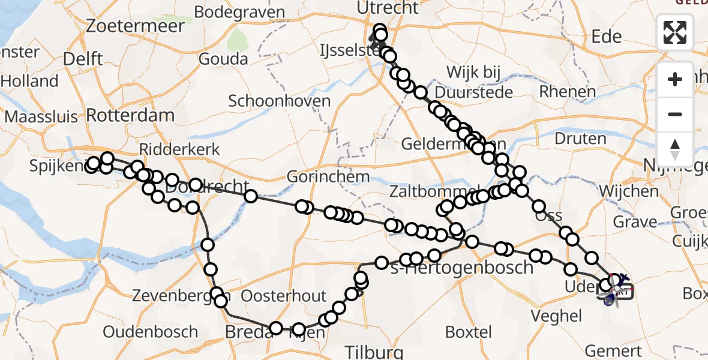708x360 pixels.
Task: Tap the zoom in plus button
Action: (675, 80)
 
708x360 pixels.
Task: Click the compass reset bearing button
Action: (675, 149)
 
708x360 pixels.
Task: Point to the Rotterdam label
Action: (130, 115)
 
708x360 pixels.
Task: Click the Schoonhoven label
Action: (279, 100)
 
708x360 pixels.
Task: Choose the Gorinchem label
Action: (328, 176)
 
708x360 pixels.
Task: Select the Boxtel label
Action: (469, 332)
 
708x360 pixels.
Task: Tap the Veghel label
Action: (556, 316)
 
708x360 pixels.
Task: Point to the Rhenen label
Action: (568, 92)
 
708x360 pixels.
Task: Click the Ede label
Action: (607, 37)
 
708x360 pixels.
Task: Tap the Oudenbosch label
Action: (150, 332)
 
